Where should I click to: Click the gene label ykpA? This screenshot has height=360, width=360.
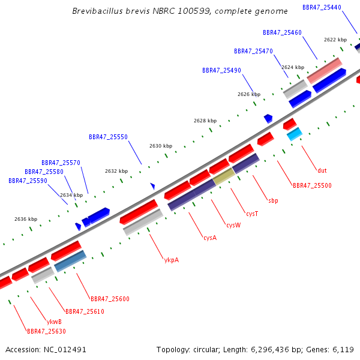coord(172,260)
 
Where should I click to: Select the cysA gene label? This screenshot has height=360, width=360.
coord(210,238)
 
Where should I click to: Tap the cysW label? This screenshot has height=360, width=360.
coord(233,225)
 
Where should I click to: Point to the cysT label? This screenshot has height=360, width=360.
coord(252,214)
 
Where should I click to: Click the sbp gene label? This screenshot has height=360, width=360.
coord(273,200)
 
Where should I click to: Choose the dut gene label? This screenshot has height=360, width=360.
coord(322,170)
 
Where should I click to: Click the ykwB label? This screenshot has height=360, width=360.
coord(54,322)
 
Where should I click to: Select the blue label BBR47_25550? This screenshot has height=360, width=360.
coord(108,137)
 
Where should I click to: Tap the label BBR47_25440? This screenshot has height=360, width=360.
coord(322,8)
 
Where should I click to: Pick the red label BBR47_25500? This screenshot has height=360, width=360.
coord(312,185)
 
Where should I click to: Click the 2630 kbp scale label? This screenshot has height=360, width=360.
coord(161,146)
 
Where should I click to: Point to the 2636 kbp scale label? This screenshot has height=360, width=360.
coord(26,219)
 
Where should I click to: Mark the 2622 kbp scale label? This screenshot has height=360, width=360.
coord(335,40)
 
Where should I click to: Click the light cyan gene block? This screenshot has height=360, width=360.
coord(295,134)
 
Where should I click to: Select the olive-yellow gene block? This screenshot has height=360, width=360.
coord(224,176)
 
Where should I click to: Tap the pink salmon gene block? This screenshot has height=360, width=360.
coord(325,70)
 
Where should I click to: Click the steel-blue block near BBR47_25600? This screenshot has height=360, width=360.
coord(70,261)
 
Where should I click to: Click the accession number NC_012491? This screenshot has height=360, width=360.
coord(65,350)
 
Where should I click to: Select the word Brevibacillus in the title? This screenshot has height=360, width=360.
coord(98,11)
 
